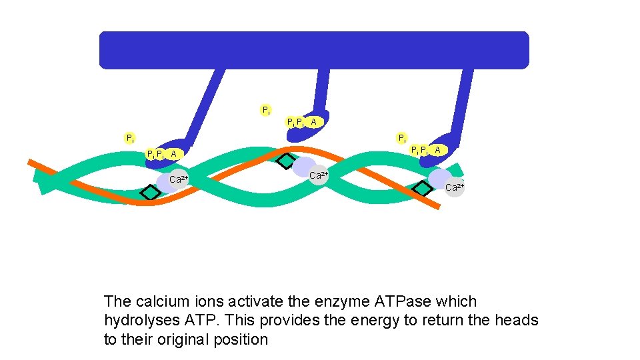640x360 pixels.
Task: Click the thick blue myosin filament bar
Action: [313, 50]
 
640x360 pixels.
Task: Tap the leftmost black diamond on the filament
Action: [151, 192]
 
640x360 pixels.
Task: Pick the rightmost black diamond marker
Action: [422, 189]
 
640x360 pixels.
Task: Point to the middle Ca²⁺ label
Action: [319, 175]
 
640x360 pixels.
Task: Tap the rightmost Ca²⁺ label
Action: [455, 187]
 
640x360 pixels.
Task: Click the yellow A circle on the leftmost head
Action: [173, 154]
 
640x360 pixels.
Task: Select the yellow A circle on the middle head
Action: [313, 122]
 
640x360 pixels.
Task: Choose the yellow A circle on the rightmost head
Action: [437, 150]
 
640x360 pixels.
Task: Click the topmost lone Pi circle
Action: [266, 110]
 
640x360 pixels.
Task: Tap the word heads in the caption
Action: [516, 321]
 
